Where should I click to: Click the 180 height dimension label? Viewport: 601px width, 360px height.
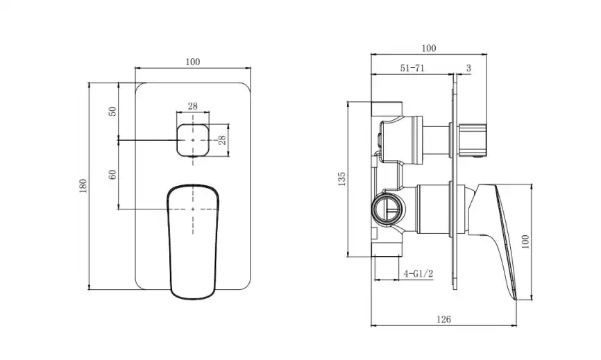(83, 186)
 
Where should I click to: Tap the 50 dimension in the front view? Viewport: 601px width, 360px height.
(112, 112)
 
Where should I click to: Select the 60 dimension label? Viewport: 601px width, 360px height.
(112, 175)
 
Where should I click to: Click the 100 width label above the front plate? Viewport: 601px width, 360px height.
(193, 62)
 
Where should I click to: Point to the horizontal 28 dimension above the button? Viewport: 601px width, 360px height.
(193, 106)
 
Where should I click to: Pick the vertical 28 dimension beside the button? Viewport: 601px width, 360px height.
(222, 140)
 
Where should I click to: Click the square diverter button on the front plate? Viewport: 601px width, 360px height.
(193, 140)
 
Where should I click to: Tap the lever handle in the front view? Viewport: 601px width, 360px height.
(193, 241)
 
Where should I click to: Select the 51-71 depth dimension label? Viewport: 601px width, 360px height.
(412, 68)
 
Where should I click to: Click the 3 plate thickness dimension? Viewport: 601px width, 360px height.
(468, 68)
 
